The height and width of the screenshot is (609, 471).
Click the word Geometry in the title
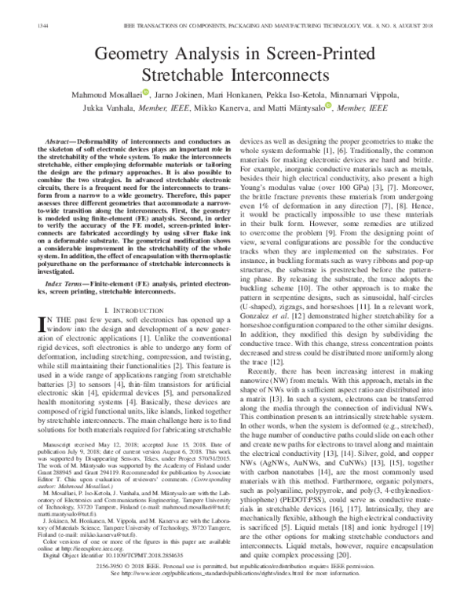pyautogui.click(x=126, y=56)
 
